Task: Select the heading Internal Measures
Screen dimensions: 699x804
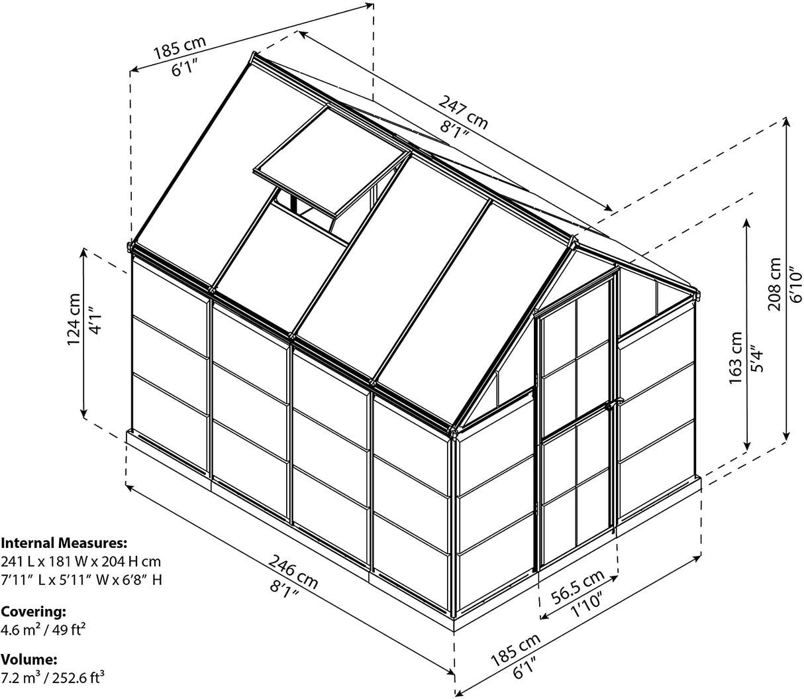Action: (x=63, y=543)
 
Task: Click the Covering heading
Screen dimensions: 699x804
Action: (x=34, y=611)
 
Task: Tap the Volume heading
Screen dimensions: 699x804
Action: (x=29, y=660)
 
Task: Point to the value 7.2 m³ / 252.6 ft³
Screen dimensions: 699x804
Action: (x=53, y=677)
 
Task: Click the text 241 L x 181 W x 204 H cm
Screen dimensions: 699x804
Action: (x=81, y=561)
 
